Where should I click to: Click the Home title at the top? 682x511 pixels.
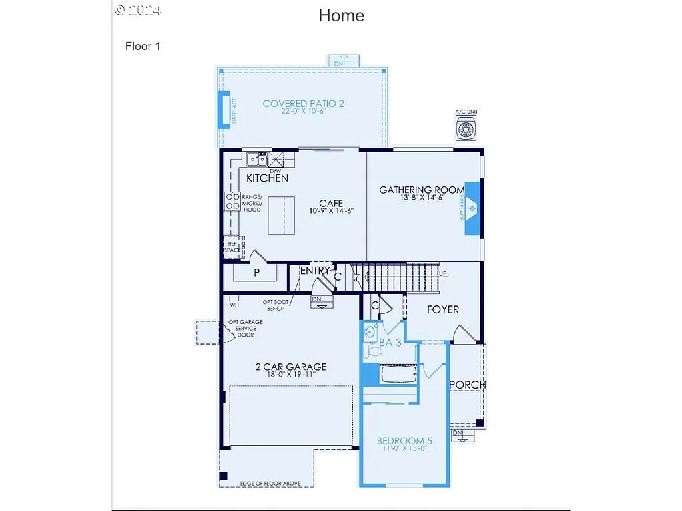341,15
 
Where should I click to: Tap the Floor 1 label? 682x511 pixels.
143,46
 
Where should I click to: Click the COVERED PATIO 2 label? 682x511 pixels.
303,104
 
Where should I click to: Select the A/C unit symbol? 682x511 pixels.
466,128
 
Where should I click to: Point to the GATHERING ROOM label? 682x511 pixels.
422,190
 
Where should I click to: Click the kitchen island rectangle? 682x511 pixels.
281,215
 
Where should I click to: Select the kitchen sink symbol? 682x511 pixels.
257,159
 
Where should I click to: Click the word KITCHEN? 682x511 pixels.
267,178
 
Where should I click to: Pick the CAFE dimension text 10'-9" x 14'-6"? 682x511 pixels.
331,211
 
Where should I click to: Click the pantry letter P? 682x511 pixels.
256,273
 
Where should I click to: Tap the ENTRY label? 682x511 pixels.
314,271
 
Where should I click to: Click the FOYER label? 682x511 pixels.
442,309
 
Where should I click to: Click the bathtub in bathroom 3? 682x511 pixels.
398,375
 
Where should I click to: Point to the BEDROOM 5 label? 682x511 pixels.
404,441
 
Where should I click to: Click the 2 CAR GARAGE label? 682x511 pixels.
291,367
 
